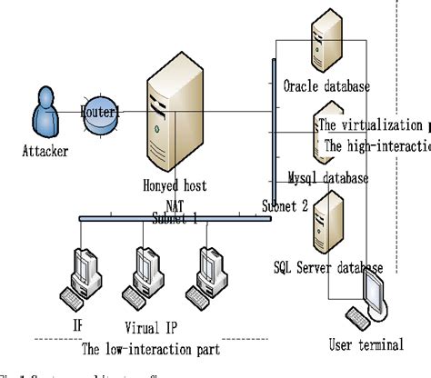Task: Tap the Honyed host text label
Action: (x=175, y=185)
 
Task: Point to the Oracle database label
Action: (x=326, y=87)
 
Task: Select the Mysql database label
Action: (x=327, y=178)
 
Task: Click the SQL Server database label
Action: (x=327, y=267)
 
